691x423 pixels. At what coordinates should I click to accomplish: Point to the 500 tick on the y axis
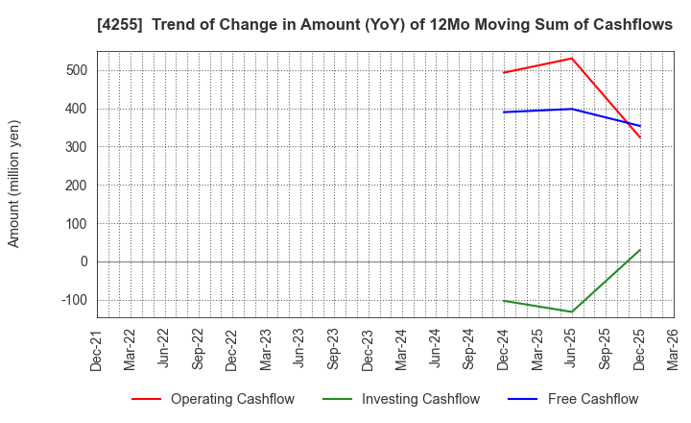tap(77, 70)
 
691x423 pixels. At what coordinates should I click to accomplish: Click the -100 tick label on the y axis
tap(74, 300)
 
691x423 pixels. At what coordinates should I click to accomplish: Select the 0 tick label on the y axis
tap(83, 261)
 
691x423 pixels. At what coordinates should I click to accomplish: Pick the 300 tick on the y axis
tap(77, 147)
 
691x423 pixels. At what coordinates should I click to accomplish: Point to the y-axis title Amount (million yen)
tap(14, 184)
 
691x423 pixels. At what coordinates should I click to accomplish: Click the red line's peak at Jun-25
tap(572, 58)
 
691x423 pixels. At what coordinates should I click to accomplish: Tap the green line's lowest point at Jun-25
tap(572, 311)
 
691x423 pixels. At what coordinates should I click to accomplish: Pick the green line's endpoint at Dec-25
tap(640, 250)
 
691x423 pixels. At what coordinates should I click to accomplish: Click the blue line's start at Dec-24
tap(504, 112)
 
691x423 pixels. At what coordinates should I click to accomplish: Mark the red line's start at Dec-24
tap(504, 73)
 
